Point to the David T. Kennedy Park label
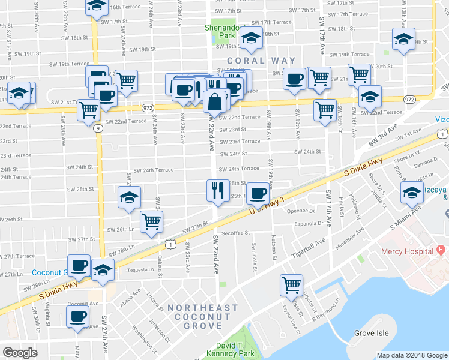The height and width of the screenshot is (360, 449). tap(237, 350)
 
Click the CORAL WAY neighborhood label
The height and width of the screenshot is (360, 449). tap(261, 61)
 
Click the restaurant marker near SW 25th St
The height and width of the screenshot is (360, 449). tap(217, 191)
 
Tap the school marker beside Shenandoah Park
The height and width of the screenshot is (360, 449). tap(250, 39)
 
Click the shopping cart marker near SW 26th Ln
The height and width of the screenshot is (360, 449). tap(151, 221)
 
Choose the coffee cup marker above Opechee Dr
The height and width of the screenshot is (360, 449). tap(258, 193)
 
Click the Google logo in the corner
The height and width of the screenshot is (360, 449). tap(20, 352)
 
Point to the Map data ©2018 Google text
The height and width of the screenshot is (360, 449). tap(412, 355)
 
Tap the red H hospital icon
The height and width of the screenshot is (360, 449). tap(440, 249)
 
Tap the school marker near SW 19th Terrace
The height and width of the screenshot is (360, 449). tap(403, 40)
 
